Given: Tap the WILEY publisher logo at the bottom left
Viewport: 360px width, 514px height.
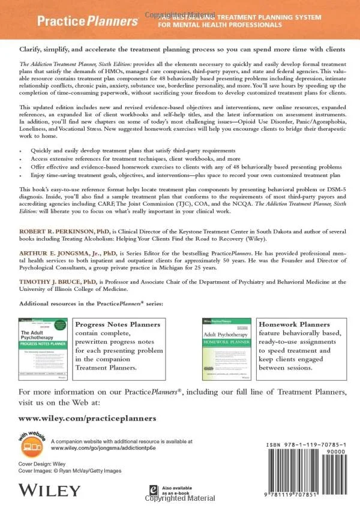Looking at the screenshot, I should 44,491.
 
